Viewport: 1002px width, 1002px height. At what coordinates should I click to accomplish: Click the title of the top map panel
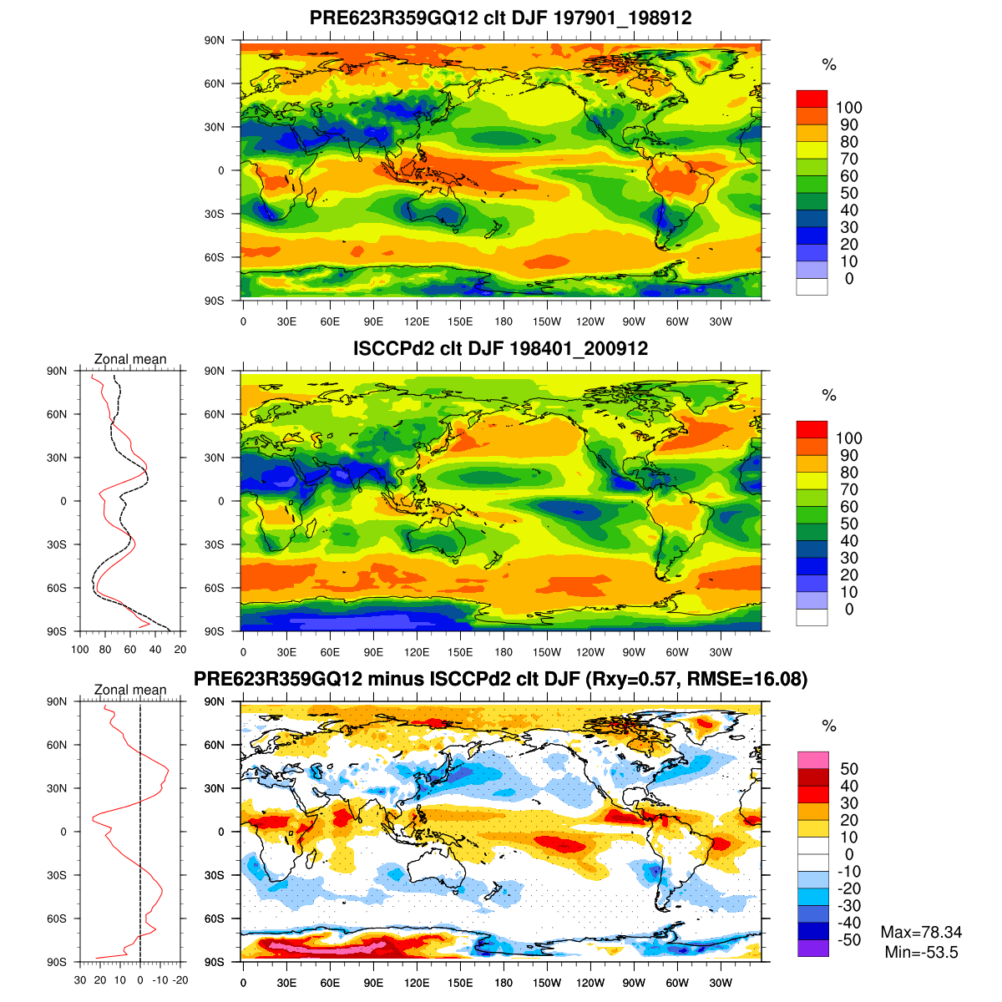click(500, 18)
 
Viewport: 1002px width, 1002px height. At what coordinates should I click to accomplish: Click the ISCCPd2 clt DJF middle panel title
click(500, 348)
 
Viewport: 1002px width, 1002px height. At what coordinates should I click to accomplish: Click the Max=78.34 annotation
click(921, 933)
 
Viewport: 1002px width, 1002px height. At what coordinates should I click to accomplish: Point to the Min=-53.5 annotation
click(921, 953)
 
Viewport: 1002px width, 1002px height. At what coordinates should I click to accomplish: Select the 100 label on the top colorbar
click(848, 108)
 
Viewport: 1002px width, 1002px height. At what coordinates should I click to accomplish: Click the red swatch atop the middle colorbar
click(812, 429)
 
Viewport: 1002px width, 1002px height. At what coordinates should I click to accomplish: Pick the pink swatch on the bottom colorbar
click(812, 760)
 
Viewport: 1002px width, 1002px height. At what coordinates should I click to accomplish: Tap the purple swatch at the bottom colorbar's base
click(812, 949)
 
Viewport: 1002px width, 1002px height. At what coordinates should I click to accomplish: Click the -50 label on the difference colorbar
click(848, 940)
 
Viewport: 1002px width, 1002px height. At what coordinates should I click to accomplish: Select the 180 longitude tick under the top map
click(504, 322)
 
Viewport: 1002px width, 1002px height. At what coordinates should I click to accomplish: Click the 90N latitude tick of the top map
click(215, 40)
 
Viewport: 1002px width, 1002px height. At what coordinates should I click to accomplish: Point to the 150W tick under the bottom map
click(547, 984)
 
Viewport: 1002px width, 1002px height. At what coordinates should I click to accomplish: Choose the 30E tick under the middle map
click(286, 653)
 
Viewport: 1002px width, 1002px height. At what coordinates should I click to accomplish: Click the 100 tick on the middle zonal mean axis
click(80, 650)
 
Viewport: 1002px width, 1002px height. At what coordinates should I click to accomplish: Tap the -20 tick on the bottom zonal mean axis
click(180, 980)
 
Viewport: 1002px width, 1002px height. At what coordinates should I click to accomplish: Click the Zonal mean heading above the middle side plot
click(130, 360)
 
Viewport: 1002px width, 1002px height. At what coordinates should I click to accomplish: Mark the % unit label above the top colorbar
click(828, 65)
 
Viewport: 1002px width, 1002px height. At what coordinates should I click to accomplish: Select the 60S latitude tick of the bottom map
click(215, 918)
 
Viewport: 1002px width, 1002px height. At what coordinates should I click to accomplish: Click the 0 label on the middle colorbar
click(848, 610)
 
